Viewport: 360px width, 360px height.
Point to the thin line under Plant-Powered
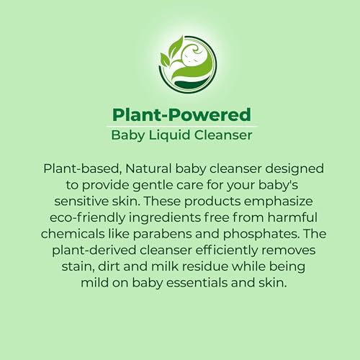click(x=180, y=125)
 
